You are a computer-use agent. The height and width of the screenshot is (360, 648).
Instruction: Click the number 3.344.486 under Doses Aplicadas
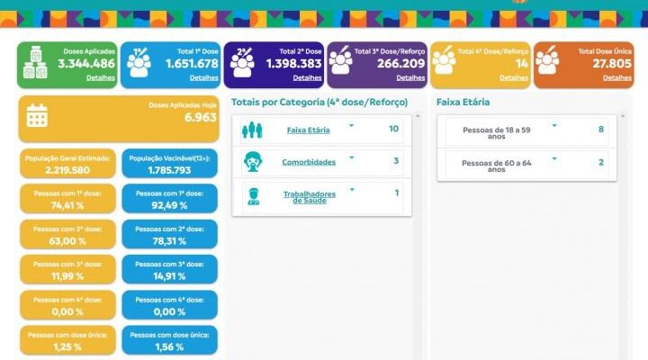(86, 64)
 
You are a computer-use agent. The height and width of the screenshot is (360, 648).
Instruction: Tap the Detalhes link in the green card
(101, 78)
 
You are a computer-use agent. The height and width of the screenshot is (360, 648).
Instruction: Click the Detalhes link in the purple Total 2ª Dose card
(307, 78)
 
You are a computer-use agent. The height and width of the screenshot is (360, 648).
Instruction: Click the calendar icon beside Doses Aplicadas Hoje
(37, 115)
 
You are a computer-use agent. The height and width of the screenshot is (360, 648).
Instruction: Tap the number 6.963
(200, 118)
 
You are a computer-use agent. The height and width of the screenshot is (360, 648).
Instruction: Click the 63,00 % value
(68, 241)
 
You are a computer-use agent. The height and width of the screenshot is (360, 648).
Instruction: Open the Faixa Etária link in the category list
(308, 130)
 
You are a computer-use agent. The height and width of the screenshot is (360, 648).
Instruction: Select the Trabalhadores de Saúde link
(310, 196)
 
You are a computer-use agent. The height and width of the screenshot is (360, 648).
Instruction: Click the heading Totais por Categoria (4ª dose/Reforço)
(319, 103)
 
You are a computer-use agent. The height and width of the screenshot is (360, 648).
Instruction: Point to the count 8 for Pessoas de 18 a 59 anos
(601, 130)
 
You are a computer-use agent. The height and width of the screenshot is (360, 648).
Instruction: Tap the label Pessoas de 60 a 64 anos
(498, 164)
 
